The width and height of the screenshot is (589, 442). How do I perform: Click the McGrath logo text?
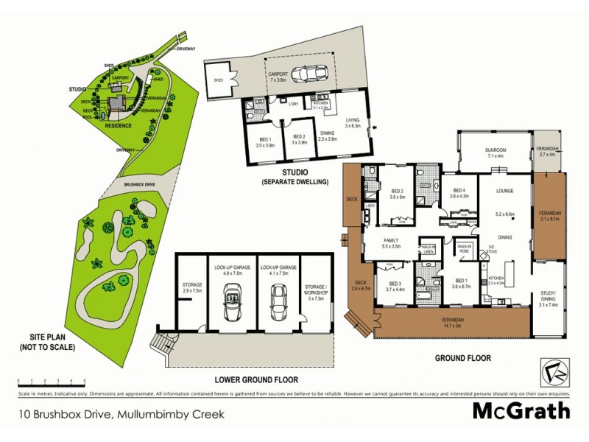[x=521, y=410]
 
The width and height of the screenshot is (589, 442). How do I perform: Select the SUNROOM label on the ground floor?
[x=495, y=150]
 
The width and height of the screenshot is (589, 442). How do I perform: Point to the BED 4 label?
[x=459, y=192]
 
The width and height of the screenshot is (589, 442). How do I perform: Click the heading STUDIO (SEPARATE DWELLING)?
[x=294, y=176]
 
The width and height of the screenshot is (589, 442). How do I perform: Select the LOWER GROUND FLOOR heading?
[x=257, y=380]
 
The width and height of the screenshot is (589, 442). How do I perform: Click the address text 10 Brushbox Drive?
[x=120, y=414]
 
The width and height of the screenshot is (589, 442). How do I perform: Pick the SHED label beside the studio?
[x=219, y=81]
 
